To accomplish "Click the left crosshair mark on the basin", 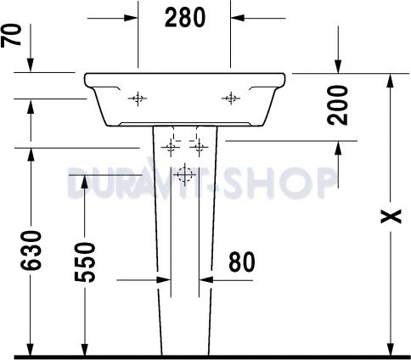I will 138,99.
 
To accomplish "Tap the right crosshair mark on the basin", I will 230,99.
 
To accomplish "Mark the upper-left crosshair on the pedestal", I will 170,147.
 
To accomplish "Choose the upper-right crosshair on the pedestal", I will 200,147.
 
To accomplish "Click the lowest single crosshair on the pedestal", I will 183,177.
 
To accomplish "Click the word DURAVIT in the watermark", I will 136,181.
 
